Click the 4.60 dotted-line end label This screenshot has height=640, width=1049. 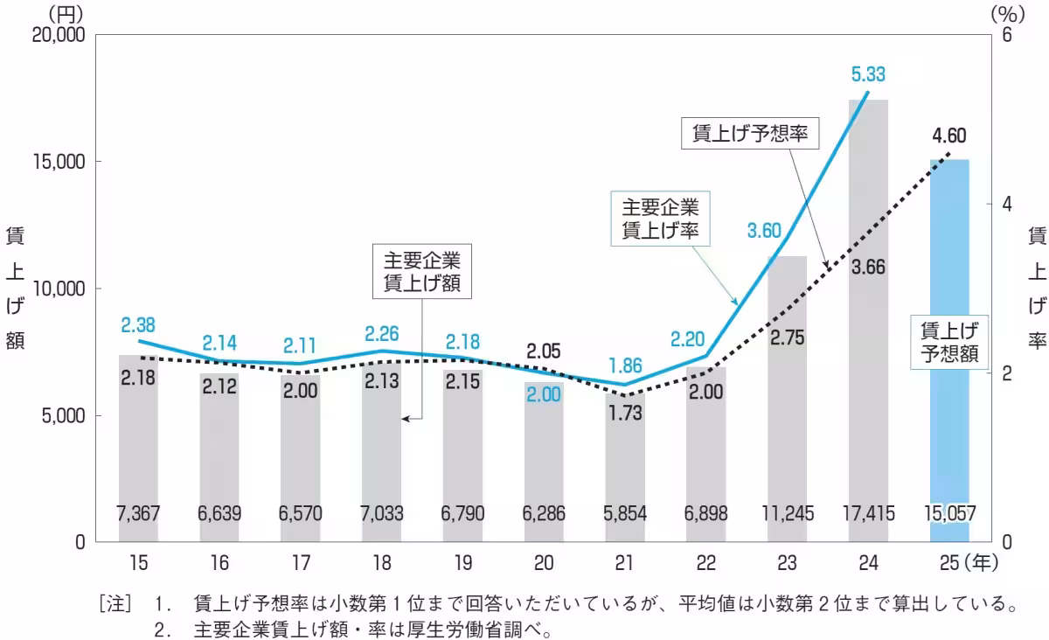pos(948,136)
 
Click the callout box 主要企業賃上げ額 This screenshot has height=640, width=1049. pos(421,272)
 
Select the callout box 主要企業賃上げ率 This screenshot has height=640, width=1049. pos(660,219)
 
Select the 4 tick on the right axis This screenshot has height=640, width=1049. pos(1005,204)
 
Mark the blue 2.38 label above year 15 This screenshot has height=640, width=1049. pos(138,325)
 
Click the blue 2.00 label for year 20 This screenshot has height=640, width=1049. pos(544,394)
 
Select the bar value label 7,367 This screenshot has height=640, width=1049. pos(138,513)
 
